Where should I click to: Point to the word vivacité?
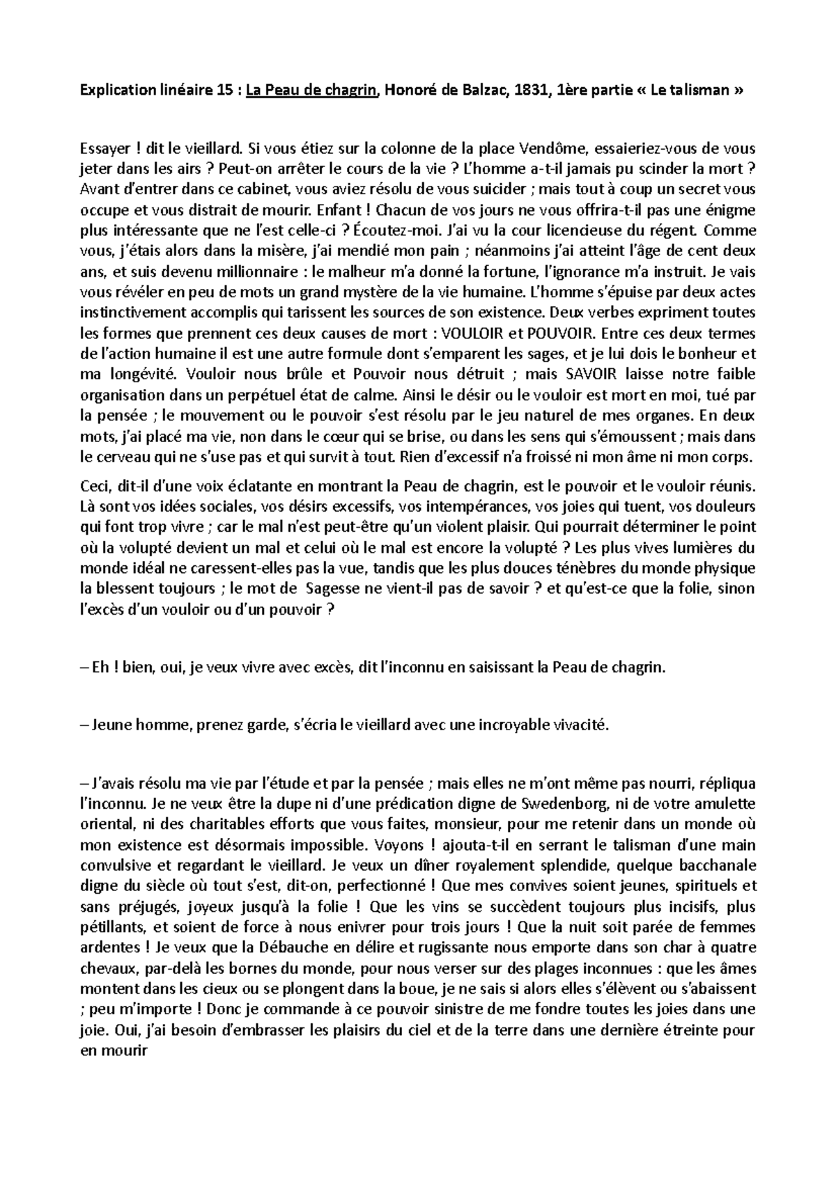(580, 725)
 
